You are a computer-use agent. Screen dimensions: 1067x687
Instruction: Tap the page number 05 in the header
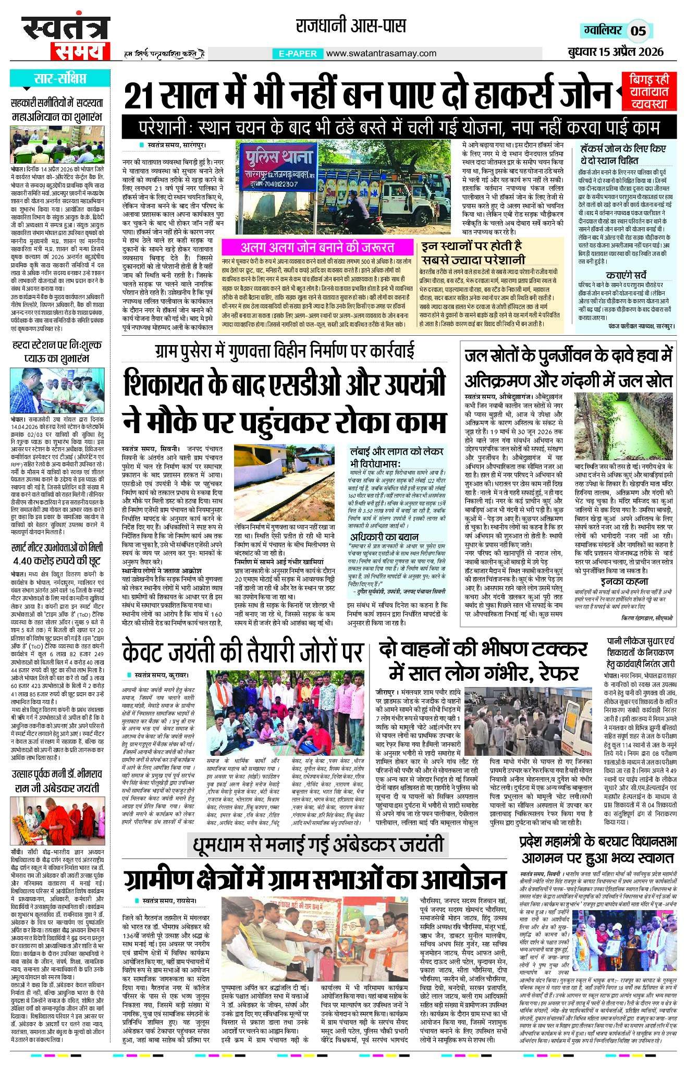[638, 31]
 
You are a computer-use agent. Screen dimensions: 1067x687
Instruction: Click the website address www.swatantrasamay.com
[381, 53]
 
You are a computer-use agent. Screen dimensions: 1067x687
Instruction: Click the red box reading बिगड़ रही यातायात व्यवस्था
[652, 91]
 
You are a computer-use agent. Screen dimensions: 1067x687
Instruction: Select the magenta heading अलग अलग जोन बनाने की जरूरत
[317, 247]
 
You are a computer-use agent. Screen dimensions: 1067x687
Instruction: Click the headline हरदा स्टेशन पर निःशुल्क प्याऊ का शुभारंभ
[57, 351]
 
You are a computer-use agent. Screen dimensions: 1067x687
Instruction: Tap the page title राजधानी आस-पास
[350, 24]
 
